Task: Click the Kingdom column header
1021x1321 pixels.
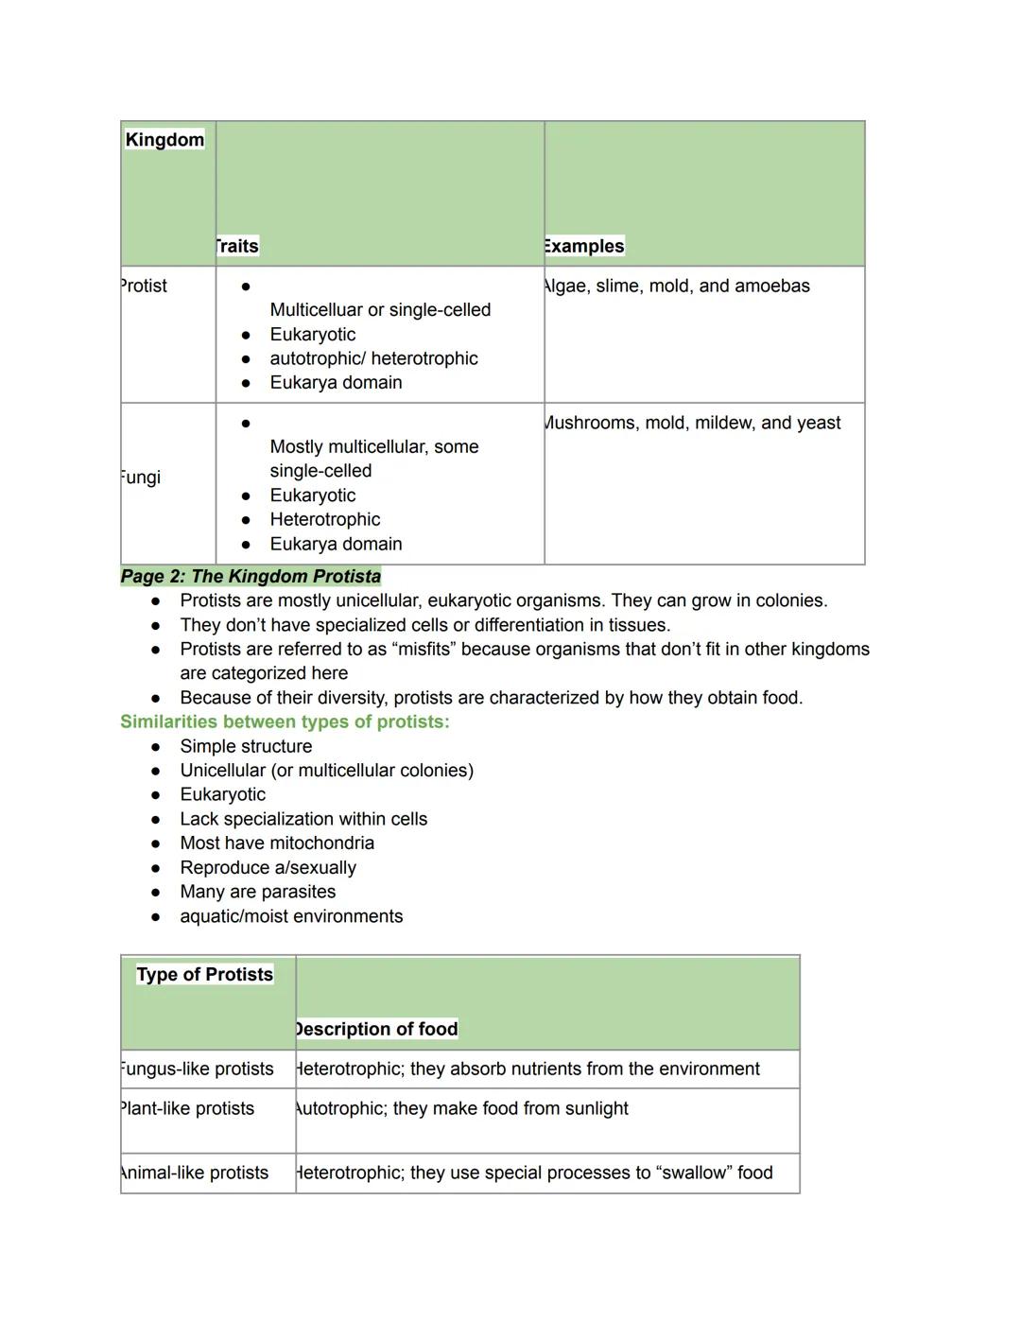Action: pos(164,140)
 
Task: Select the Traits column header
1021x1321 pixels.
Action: pos(236,247)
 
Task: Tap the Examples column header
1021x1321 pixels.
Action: pos(584,247)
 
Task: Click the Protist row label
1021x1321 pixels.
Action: pos(144,286)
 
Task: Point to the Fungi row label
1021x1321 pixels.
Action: pos(141,478)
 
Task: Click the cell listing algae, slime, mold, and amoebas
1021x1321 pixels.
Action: pos(677,286)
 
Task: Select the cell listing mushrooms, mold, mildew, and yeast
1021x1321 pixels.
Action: pos(692,423)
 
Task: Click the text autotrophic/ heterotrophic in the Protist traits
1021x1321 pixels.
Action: pos(373,358)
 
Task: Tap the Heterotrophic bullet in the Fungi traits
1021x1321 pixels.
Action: pos(324,519)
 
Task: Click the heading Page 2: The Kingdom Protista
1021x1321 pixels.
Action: pos(251,577)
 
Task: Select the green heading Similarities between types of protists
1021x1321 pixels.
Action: pos(285,722)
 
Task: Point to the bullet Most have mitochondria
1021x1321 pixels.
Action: pos(277,843)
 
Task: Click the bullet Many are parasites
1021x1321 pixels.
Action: pos(257,892)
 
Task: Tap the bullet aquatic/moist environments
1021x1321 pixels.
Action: pos(291,916)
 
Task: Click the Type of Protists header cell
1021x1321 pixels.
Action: pos(204,975)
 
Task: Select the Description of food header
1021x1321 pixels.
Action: pos(376,1029)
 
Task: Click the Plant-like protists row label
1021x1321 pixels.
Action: pos(187,1108)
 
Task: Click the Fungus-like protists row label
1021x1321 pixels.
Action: pos(197,1069)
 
